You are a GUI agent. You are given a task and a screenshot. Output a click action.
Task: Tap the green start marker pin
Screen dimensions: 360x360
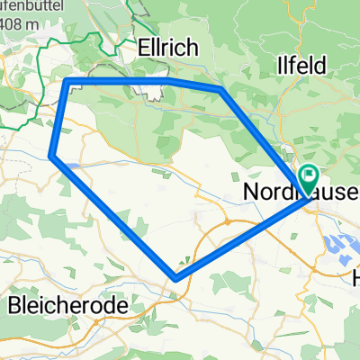click(x=309, y=176)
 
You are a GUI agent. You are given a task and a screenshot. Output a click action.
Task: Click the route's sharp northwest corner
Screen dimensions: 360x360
click(x=69, y=83)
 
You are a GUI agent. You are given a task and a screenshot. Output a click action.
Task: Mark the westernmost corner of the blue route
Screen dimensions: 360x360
click(x=51, y=157)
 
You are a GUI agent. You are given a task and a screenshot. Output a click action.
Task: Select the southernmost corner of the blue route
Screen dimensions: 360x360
click(x=176, y=277)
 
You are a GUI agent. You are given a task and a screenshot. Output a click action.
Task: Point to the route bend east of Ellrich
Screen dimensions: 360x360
click(x=221, y=89)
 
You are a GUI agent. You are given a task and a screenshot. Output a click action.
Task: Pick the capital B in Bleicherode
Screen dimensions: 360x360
click(x=13, y=305)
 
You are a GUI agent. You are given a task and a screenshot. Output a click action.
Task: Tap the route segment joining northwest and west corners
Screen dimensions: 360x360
click(x=60, y=120)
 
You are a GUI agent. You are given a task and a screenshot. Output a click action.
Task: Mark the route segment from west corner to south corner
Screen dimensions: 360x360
click(x=113, y=217)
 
